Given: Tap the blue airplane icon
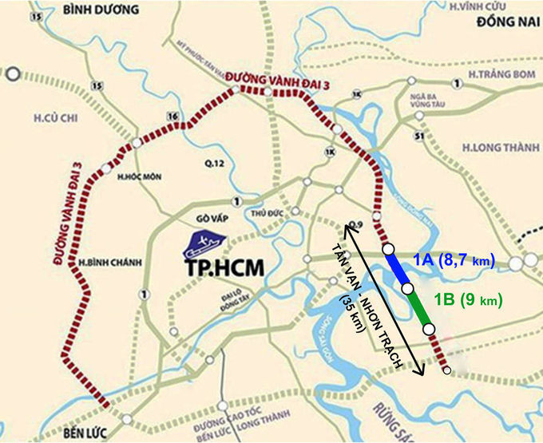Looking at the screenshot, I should click(204, 241).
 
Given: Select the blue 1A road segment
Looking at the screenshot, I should click(397, 269).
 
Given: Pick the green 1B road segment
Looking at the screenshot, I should click(418, 307).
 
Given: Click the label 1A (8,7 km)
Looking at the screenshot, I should click(454, 261).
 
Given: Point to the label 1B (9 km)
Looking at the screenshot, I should click(468, 301).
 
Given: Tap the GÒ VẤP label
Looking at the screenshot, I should click(200, 217).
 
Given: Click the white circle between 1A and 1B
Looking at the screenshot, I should click(407, 288).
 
